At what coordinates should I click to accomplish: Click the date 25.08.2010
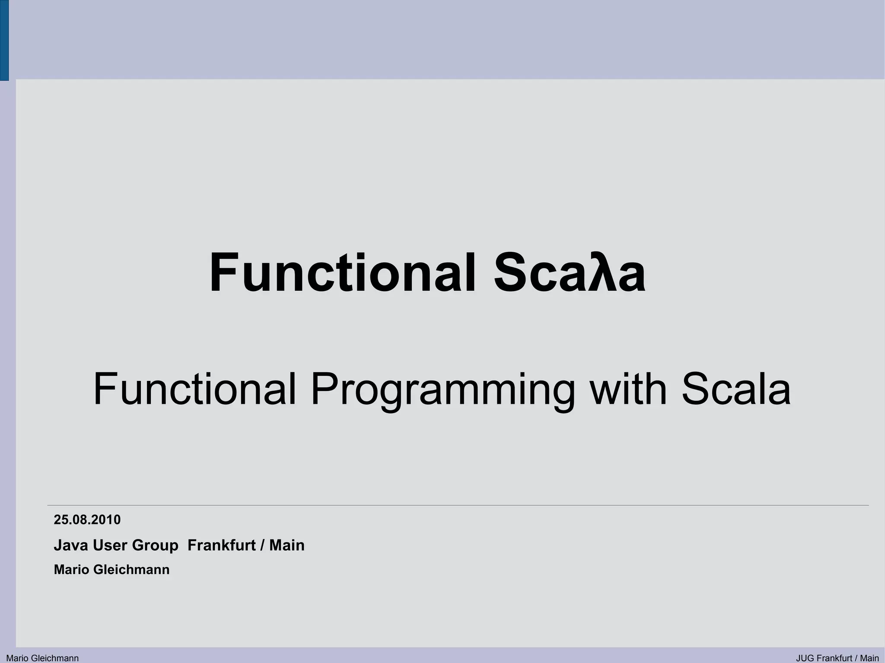[87, 520]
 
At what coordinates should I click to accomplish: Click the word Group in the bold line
[155, 546]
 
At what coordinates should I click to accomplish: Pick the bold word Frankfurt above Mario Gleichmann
[221, 545]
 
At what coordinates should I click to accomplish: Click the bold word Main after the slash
[287, 545]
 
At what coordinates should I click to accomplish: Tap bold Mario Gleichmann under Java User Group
[111, 570]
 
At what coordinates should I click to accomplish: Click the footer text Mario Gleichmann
[42, 658]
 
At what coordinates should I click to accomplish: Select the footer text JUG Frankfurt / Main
[837, 658]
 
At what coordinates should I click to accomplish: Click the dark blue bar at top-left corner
[4, 40]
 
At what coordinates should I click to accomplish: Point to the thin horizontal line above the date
[458, 505]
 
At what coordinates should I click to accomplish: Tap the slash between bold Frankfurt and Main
[262, 546]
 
